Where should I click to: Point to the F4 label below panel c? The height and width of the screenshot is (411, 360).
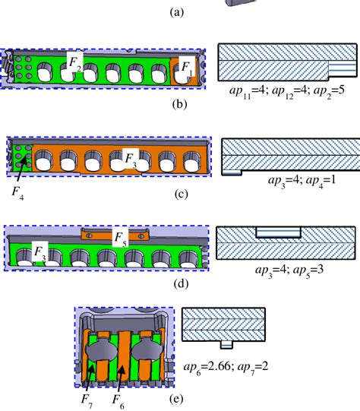click(x=16, y=191)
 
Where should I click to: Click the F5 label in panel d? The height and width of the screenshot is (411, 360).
click(x=120, y=239)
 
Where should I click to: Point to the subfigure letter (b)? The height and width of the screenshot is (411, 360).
click(x=180, y=102)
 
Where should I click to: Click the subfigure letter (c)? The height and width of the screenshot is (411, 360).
click(x=180, y=194)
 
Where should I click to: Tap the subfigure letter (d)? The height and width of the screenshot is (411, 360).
click(x=180, y=285)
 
